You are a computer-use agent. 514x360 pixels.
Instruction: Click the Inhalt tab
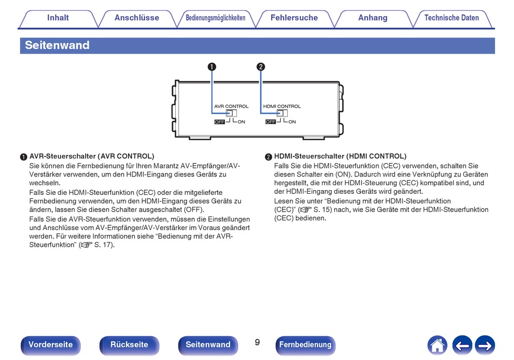(x=58, y=18)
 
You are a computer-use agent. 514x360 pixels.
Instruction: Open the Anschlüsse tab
(x=137, y=18)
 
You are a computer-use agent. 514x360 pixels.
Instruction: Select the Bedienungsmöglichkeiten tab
(x=215, y=18)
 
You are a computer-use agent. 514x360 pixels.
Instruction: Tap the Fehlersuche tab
(x=294, y=18)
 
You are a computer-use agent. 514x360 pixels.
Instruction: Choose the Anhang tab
(x=373, y=18)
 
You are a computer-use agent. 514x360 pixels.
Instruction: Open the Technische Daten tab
(x=451, y=18)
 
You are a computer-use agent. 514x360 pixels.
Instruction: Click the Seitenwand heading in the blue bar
(x=57, y=45)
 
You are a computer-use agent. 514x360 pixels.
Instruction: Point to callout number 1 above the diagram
(x=212, y=67)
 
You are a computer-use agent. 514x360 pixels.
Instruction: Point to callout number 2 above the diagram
(x=261, y=67)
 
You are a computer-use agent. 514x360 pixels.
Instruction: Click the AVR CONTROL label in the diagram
(x=232, y=106)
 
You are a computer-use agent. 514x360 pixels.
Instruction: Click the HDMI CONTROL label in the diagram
(x=282, y=106)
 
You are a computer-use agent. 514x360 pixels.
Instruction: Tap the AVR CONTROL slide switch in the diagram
(x=232, y=113)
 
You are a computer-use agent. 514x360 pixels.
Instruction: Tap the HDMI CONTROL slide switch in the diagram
(x=282, y=113)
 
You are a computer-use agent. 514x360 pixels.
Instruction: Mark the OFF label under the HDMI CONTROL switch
(x=271, y=122)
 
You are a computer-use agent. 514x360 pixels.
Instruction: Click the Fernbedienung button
(x=305, y=345)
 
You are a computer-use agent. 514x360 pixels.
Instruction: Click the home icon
(x=437, y=345)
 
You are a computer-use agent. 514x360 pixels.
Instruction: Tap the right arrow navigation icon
(x=485, y=345)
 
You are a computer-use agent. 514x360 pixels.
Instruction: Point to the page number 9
(x=258, y=342)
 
